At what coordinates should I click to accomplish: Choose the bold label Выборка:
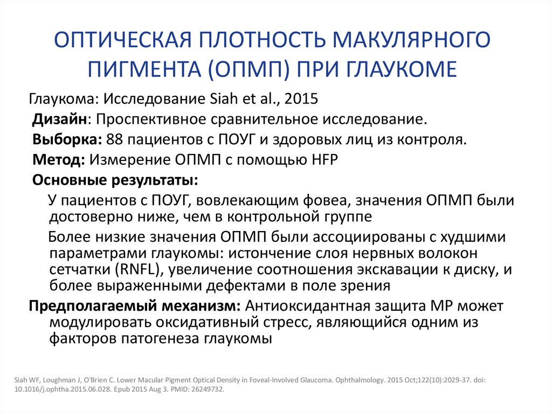67,139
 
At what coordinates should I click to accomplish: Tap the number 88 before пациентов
115,139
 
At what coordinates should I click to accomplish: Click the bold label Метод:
59,159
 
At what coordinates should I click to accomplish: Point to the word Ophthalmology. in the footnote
355,379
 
